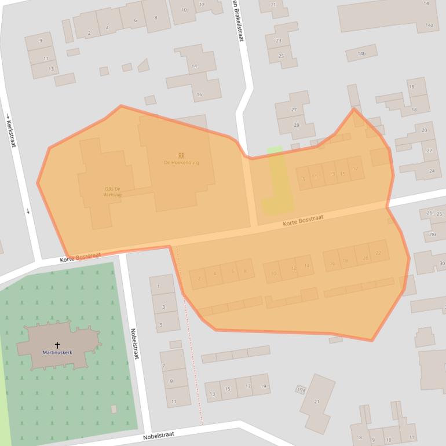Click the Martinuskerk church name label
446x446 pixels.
[57, 352]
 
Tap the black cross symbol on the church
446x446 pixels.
[57, 345]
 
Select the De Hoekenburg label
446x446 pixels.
[181, 163]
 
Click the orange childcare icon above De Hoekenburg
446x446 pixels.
[181, 155]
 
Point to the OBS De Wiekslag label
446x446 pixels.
[112, 192]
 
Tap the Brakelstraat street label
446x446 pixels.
[237, 21]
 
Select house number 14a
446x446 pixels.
[429, 25]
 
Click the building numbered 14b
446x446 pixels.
[361, 54]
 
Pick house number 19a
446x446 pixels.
[301, 390]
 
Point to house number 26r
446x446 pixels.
[430, 213]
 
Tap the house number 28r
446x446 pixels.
[433, 235]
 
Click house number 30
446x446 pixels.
[442, 264]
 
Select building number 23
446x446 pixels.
[279, 41]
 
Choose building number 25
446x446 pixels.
[281, 56]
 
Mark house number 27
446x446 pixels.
[294, 110]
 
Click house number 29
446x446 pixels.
[296, 126]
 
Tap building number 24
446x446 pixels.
[432, 171]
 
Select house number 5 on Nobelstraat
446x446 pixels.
[160, 324]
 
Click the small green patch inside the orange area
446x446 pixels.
[277, 180]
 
